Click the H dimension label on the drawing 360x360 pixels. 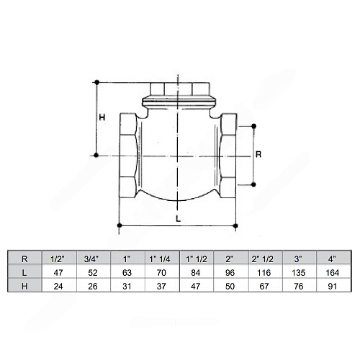point(102,117)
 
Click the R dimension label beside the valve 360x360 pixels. point(258,154)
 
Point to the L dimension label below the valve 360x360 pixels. point(178,219)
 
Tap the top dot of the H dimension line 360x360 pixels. point(97,82)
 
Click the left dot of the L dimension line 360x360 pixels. point(120,225)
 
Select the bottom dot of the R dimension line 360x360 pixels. point(253,184)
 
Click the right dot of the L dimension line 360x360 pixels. point(235,225)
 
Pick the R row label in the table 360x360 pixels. point(24,259)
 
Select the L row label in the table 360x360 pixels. point(24,273)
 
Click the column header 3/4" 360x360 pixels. point(91,259)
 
